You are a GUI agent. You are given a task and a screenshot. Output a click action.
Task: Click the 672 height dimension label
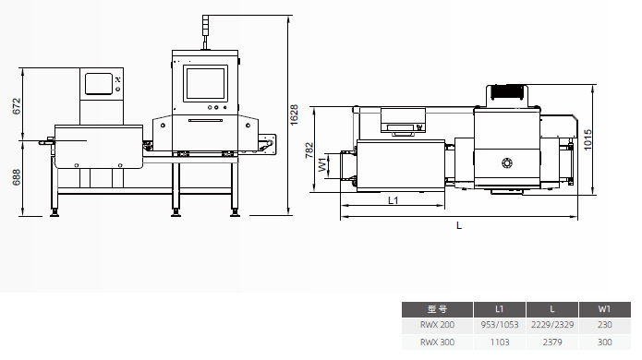(17, 106)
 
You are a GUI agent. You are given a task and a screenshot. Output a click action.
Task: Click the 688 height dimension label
(17, 177)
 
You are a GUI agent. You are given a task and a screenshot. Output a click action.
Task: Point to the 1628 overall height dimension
(294, 114)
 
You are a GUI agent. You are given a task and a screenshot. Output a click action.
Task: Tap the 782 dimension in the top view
(309, 150)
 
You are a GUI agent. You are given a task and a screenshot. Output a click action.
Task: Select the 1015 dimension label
(587, 140)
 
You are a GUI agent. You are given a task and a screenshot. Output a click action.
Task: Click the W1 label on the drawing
(322, 164)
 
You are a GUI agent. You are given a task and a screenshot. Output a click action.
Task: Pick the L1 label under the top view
(394, 200)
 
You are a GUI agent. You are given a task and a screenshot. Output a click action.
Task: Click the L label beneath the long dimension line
(459, 225)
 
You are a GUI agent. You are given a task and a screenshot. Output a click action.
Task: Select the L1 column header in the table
(499, 309)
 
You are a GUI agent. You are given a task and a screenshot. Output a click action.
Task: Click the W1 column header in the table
(604, 309)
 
